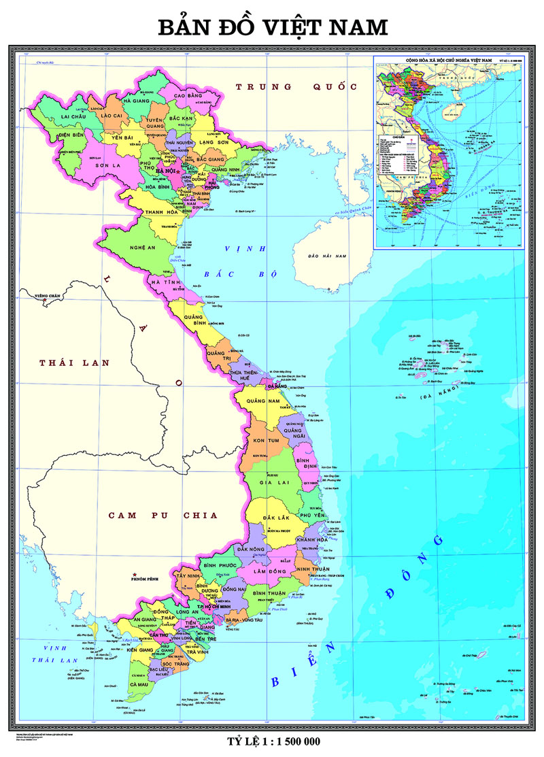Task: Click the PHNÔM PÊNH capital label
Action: coord(152,579)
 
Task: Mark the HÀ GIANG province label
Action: coord(135,101)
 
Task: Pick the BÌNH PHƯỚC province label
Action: coord(219,565)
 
